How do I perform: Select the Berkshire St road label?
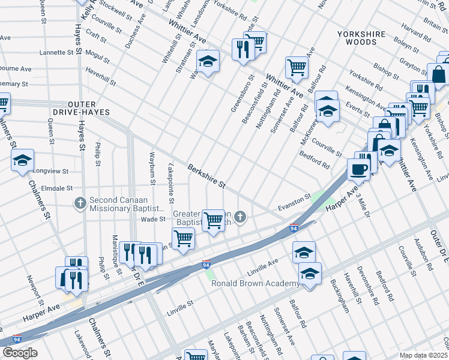(x=205, y=175)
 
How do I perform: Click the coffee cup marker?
(x=359, y=169)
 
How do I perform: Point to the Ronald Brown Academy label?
(x=255, y=283)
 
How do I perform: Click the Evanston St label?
(x=294, y=201)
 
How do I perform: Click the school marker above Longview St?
(x=22, y=160)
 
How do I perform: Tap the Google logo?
(x=19, y=352)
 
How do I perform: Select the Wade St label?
(x=152, y=219)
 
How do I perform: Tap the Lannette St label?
(x=55, y=52)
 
